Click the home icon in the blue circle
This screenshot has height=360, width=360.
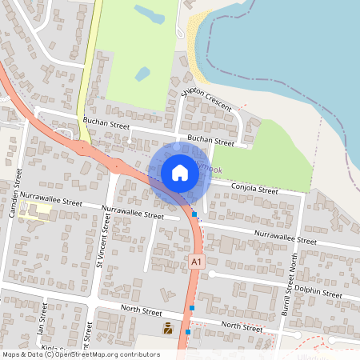pyautogui.click(x=179, y=173)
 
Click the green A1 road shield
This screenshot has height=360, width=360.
pyautogui.click(x=197, y=262)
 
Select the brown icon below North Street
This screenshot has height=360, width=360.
pyautogui.click(x=168, y=328)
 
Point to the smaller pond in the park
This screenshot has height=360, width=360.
pyautogui.click(x=142, y=74)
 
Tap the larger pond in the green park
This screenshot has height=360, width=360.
pyautogui.click(x=150, y=14)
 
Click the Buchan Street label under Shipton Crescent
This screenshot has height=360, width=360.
pyautogui.click(x=210, y=141)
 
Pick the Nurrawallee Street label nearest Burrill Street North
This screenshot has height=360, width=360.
pyautogui.click(x=285, y=237)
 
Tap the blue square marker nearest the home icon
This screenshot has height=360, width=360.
pyautogui.click(x=194, y=214)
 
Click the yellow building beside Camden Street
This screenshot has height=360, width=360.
pyautogui.click(x=36, y=212)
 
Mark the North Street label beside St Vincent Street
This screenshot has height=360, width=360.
pyautogui.click(x=142, y=310)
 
